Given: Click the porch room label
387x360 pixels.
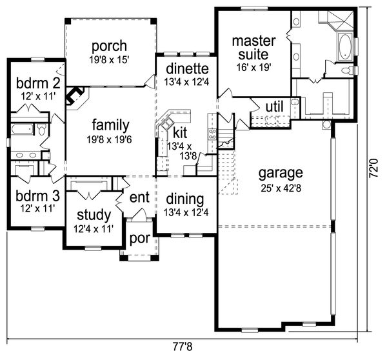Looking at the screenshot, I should click(108, 47).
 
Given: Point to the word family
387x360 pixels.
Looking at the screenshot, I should click(110, 125).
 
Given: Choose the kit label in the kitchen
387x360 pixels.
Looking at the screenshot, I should click(180, 134).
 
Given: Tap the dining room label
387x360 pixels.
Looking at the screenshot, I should click(185, 199).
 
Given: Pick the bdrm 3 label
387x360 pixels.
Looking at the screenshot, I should click(30, 195).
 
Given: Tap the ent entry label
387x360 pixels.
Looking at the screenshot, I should click(140, 197).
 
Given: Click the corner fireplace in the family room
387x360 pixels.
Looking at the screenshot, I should click(77, 95).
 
